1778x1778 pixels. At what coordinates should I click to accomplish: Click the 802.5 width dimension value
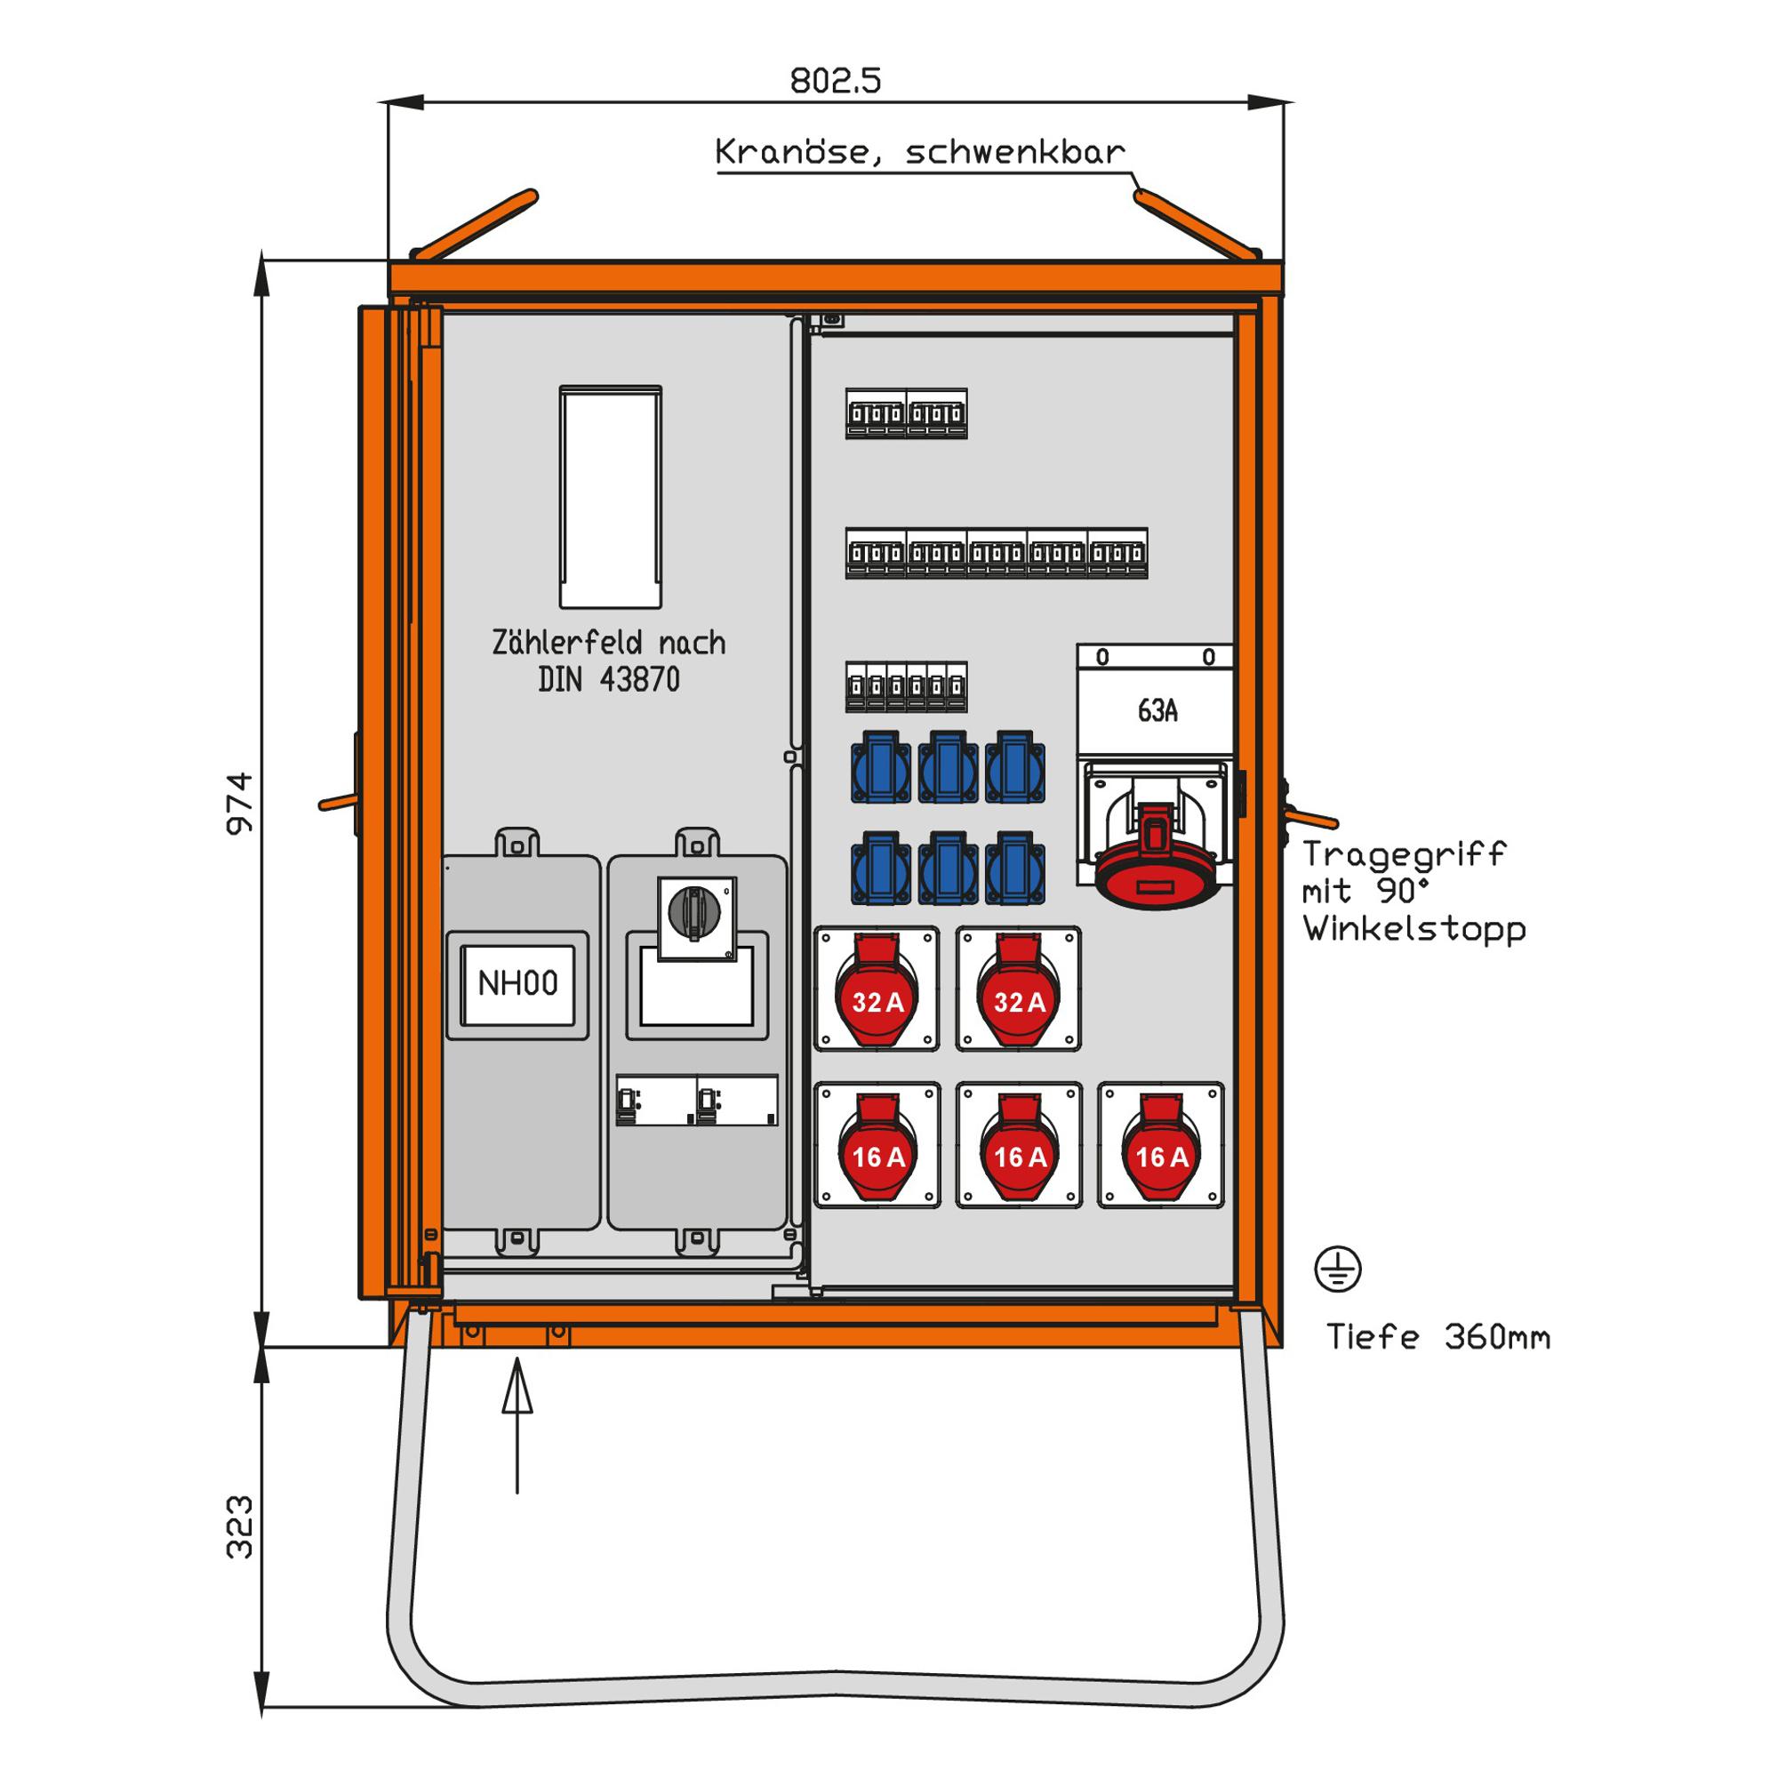tap(835, 81)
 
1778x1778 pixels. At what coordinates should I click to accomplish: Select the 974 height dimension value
tap(240, 804)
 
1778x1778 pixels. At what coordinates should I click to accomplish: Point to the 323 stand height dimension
tap(240, 1526)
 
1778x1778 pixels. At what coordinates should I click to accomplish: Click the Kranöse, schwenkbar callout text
tap(919, 152)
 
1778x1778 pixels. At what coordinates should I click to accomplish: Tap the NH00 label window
tap(517, 984)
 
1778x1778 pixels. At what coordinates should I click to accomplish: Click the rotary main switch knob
tap(695, 911)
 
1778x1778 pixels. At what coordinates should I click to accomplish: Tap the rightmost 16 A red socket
tap(1160, 1150)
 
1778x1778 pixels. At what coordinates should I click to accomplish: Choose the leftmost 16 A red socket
tap(877, 1150)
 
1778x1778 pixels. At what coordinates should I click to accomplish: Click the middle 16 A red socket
tap(1019, 1150)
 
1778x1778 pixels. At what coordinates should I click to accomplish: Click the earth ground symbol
tap(1337, 1270)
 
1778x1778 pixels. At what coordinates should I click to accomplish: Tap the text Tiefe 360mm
tap(1438, 1337)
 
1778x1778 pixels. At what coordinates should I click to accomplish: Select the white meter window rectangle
tap(610, 497)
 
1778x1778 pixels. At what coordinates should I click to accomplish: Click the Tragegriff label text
tap(1403, 854)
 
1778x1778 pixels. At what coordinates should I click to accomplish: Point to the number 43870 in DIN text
tap(638, 680)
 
